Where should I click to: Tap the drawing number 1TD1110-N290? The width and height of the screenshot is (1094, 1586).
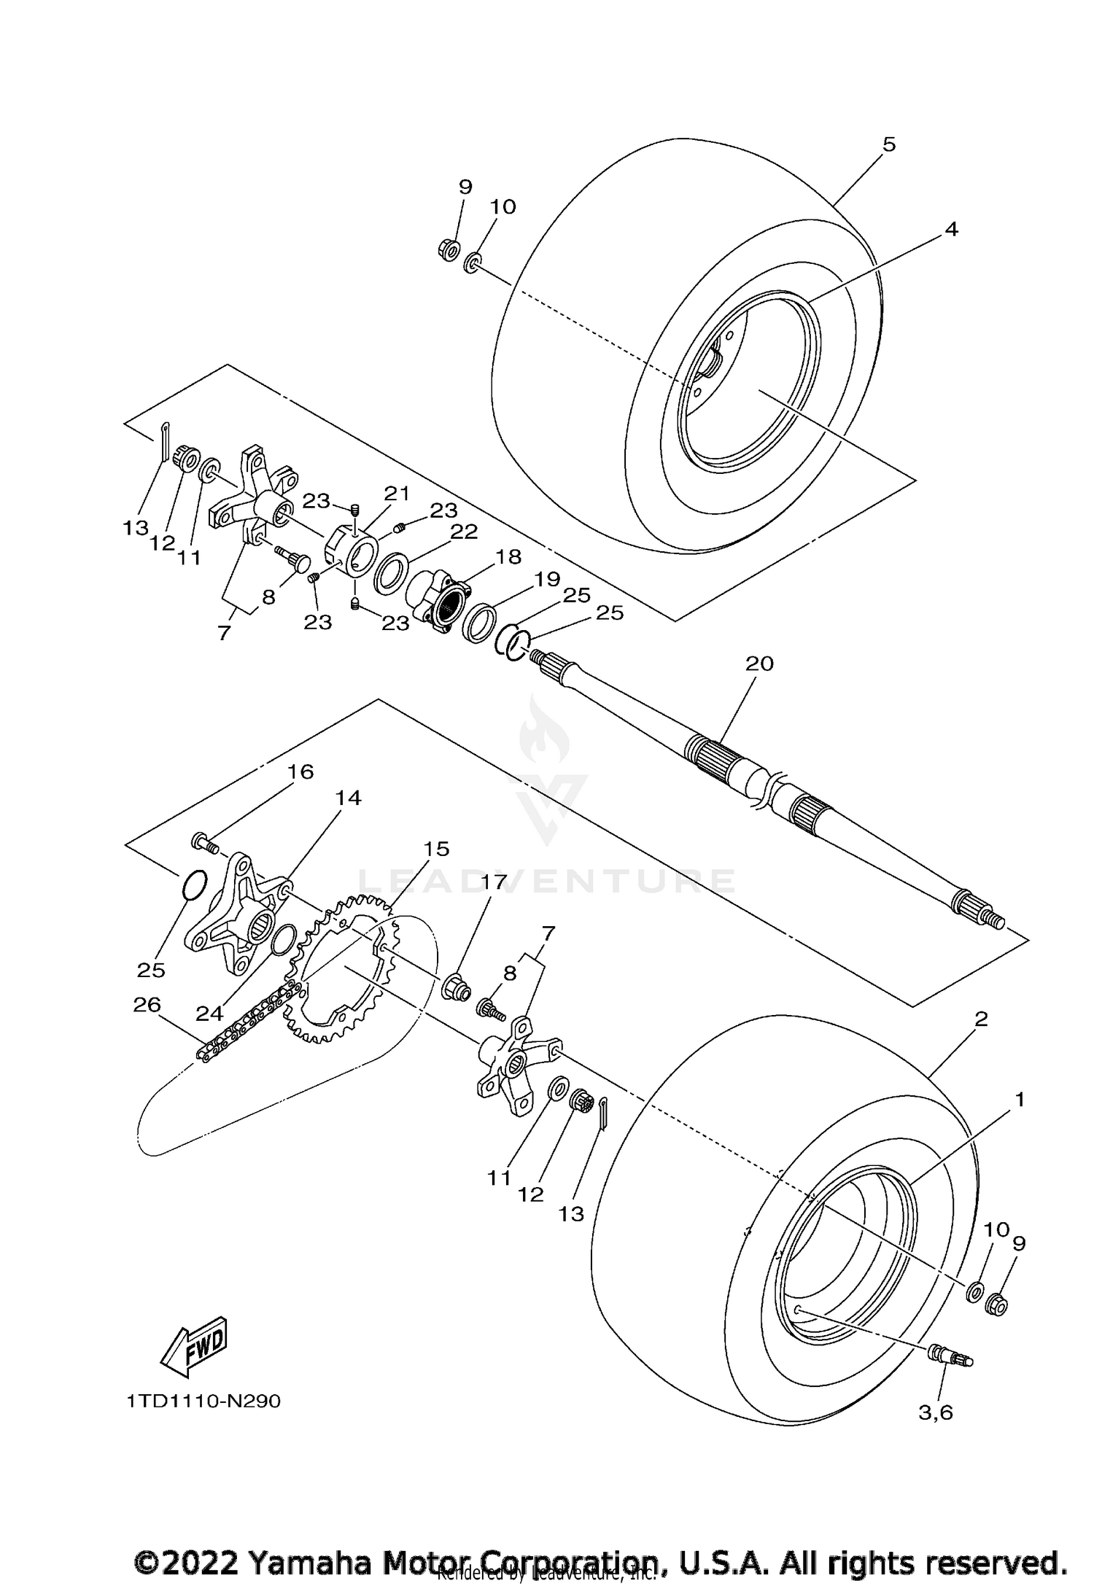coord(203,1402)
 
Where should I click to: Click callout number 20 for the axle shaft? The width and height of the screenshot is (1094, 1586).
coord(759,664)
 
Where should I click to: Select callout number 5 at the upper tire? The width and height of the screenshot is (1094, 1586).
coord(888,144)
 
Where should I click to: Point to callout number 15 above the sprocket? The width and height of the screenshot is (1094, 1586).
coord(438,849)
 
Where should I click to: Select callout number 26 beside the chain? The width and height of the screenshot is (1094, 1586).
coord(148,1005)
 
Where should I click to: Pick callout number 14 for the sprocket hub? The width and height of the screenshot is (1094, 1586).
coord(348,798)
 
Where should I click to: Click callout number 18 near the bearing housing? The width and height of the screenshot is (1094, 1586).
coord(508,557)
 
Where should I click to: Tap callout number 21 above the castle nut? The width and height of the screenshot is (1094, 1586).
coord(397,494)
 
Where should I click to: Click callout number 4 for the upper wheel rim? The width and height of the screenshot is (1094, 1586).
coord(950,229)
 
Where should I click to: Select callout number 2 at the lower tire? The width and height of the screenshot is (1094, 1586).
coord(981,1019)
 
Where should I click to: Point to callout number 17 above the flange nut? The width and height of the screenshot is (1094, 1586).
coord(493,882)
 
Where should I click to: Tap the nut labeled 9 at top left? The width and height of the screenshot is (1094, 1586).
coord(449,251)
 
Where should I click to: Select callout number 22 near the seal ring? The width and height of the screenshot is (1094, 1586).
coord(464,531)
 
